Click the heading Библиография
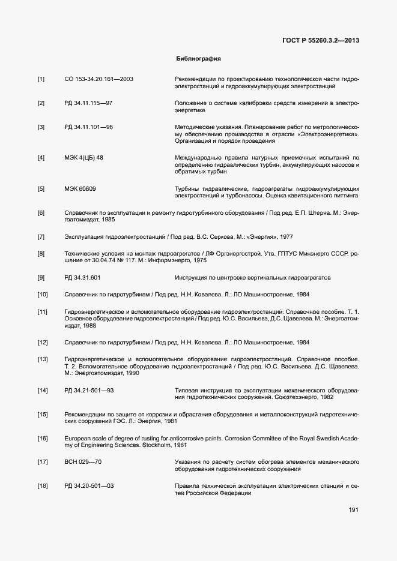coord(198,59)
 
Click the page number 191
coord(353,510)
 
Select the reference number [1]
coord(41,79)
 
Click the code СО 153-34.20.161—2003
coord(98,79)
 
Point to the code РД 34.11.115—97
coord(88,103)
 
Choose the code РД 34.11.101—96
coord(88,127)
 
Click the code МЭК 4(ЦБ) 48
coord(83,158)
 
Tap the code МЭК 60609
coord(80,189)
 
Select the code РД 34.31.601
coord(82,278)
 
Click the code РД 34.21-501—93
coord(89,391)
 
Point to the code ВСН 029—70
coord(83,462)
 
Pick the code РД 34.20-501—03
coord(89,485)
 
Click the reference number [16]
coord(43,439)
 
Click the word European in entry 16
coord(78,439)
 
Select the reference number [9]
coord(41,278)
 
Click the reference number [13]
coord(43,359)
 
